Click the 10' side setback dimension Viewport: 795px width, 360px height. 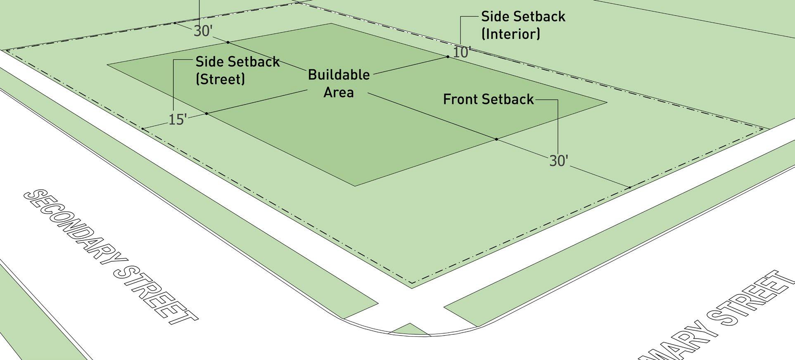click(x=461, y=52)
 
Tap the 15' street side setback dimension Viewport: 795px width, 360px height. click(x=178, y=120)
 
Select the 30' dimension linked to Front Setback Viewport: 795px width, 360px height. click(x=558, y=161)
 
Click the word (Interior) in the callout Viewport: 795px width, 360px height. click(x=510, y=34)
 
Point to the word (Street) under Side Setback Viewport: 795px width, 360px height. click(x=220, y=79)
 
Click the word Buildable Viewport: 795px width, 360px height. click(x=339, y=75)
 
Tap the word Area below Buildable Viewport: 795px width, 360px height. click(x=339, y=92)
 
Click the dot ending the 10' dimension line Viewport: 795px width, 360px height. click(x=448, y=57)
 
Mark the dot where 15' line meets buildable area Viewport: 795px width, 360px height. click(x=206, y=114)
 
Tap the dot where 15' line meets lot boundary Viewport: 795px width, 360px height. click(x=142, y=129)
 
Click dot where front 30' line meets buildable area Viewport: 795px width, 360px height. click(x=496, y=140)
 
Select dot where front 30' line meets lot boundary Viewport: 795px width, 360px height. click(x=630, y=187)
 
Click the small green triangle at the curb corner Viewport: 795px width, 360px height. click(x=409, y=329)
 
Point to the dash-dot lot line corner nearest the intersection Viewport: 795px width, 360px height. click(x=412, y=284)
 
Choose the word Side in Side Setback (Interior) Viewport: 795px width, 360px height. click(x=493, y=17)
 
